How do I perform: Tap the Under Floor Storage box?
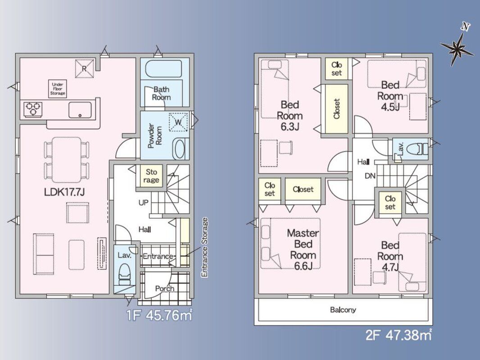coord(58,89)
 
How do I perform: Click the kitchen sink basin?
coord(80,110)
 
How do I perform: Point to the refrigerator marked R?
coord(84,68)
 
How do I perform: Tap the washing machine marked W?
coord(178,122)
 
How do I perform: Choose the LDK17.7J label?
coord(64,192)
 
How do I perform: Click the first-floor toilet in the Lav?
coord(124,274)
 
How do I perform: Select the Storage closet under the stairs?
coord(151,176)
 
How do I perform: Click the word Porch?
coord(164,288)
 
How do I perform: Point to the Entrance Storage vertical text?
coord(205,247)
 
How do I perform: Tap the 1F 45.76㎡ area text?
coord(159,315)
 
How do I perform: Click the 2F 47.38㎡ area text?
coord(398,335)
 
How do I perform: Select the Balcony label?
coord(343,310)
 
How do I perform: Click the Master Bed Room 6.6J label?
coord(303,250)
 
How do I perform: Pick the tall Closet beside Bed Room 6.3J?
coord(336,109)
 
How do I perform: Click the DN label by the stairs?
coord(370,176)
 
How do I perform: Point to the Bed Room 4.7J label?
coord(390,256)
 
